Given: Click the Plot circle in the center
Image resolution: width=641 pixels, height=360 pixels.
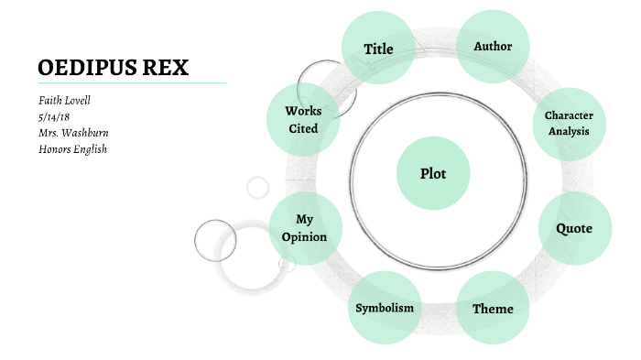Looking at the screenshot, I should pyautogui.click(x=433, y=173).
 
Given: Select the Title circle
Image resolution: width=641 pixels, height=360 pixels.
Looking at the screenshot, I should pyautogui.click(x=378, y=49).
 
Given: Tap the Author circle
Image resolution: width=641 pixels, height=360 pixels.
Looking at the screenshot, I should pyautogui.click(x=493, y=47).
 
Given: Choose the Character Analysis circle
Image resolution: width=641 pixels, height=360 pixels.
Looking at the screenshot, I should pyautogui.click(x=569, y=123).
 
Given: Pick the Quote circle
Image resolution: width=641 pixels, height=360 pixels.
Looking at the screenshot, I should pyautogui.click(x=574, y=229).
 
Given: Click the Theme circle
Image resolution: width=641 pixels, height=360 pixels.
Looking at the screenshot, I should pyautogui.click(x=493, y=308).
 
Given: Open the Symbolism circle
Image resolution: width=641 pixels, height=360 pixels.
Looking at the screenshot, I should pyautogui.click(x=385, y=308).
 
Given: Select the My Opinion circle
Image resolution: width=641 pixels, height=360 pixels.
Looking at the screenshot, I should pyautogui.click(x=305, y=229).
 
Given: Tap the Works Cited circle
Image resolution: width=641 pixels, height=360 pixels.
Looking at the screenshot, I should pyautogui.click(x=303, y=120).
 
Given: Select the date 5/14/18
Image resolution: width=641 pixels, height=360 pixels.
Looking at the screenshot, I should pyautogui.click(x=55, y=116).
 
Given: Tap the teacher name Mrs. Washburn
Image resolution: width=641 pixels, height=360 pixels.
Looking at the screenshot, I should pyautogui.click(x=73, y=133).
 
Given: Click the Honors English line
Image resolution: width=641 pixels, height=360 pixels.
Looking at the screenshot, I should pyautogui.click(x=72, y=149).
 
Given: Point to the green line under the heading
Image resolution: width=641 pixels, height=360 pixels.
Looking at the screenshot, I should pyautogui.click(x=132, y=82).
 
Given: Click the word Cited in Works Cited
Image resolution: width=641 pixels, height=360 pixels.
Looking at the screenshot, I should pyautogui.click(x=303, y=129).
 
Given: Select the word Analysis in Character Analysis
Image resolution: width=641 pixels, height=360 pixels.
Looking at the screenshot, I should pyautogui.click(x=569, y=131).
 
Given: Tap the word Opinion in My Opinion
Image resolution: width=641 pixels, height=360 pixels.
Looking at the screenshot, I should pyautogui.click(x=305, y=237).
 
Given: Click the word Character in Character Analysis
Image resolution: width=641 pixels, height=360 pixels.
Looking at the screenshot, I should pyautogui.click(x=569, y=115).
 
